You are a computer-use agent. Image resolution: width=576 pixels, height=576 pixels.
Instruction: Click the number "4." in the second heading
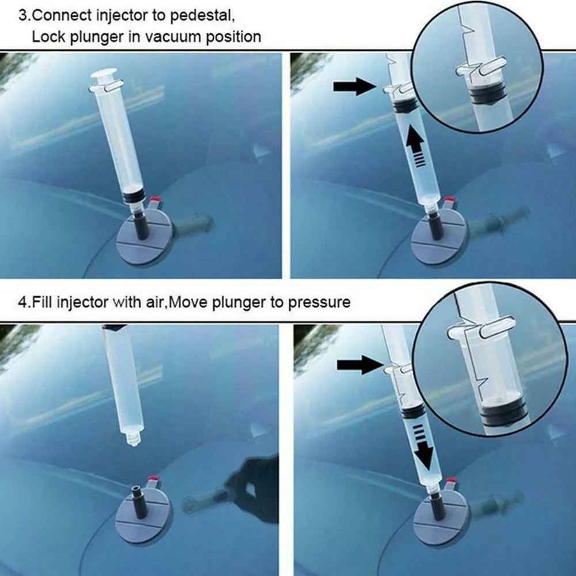click(x=24, y=303)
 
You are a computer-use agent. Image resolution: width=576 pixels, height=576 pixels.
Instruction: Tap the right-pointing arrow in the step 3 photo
click(x=355, y=87)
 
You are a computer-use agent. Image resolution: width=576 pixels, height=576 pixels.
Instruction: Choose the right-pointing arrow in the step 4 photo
click(x=360, y=365)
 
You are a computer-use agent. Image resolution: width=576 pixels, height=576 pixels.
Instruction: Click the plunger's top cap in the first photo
click(x=103, y=75)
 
